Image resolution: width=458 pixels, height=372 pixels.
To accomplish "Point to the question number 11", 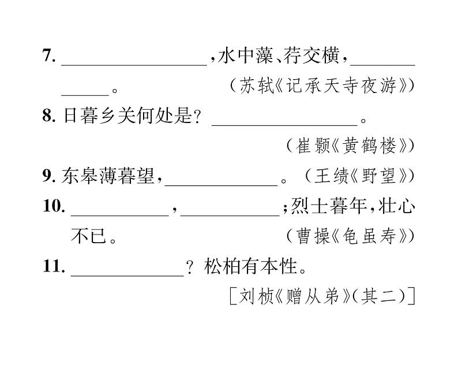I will pyautogui.click(x=52, y=267).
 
